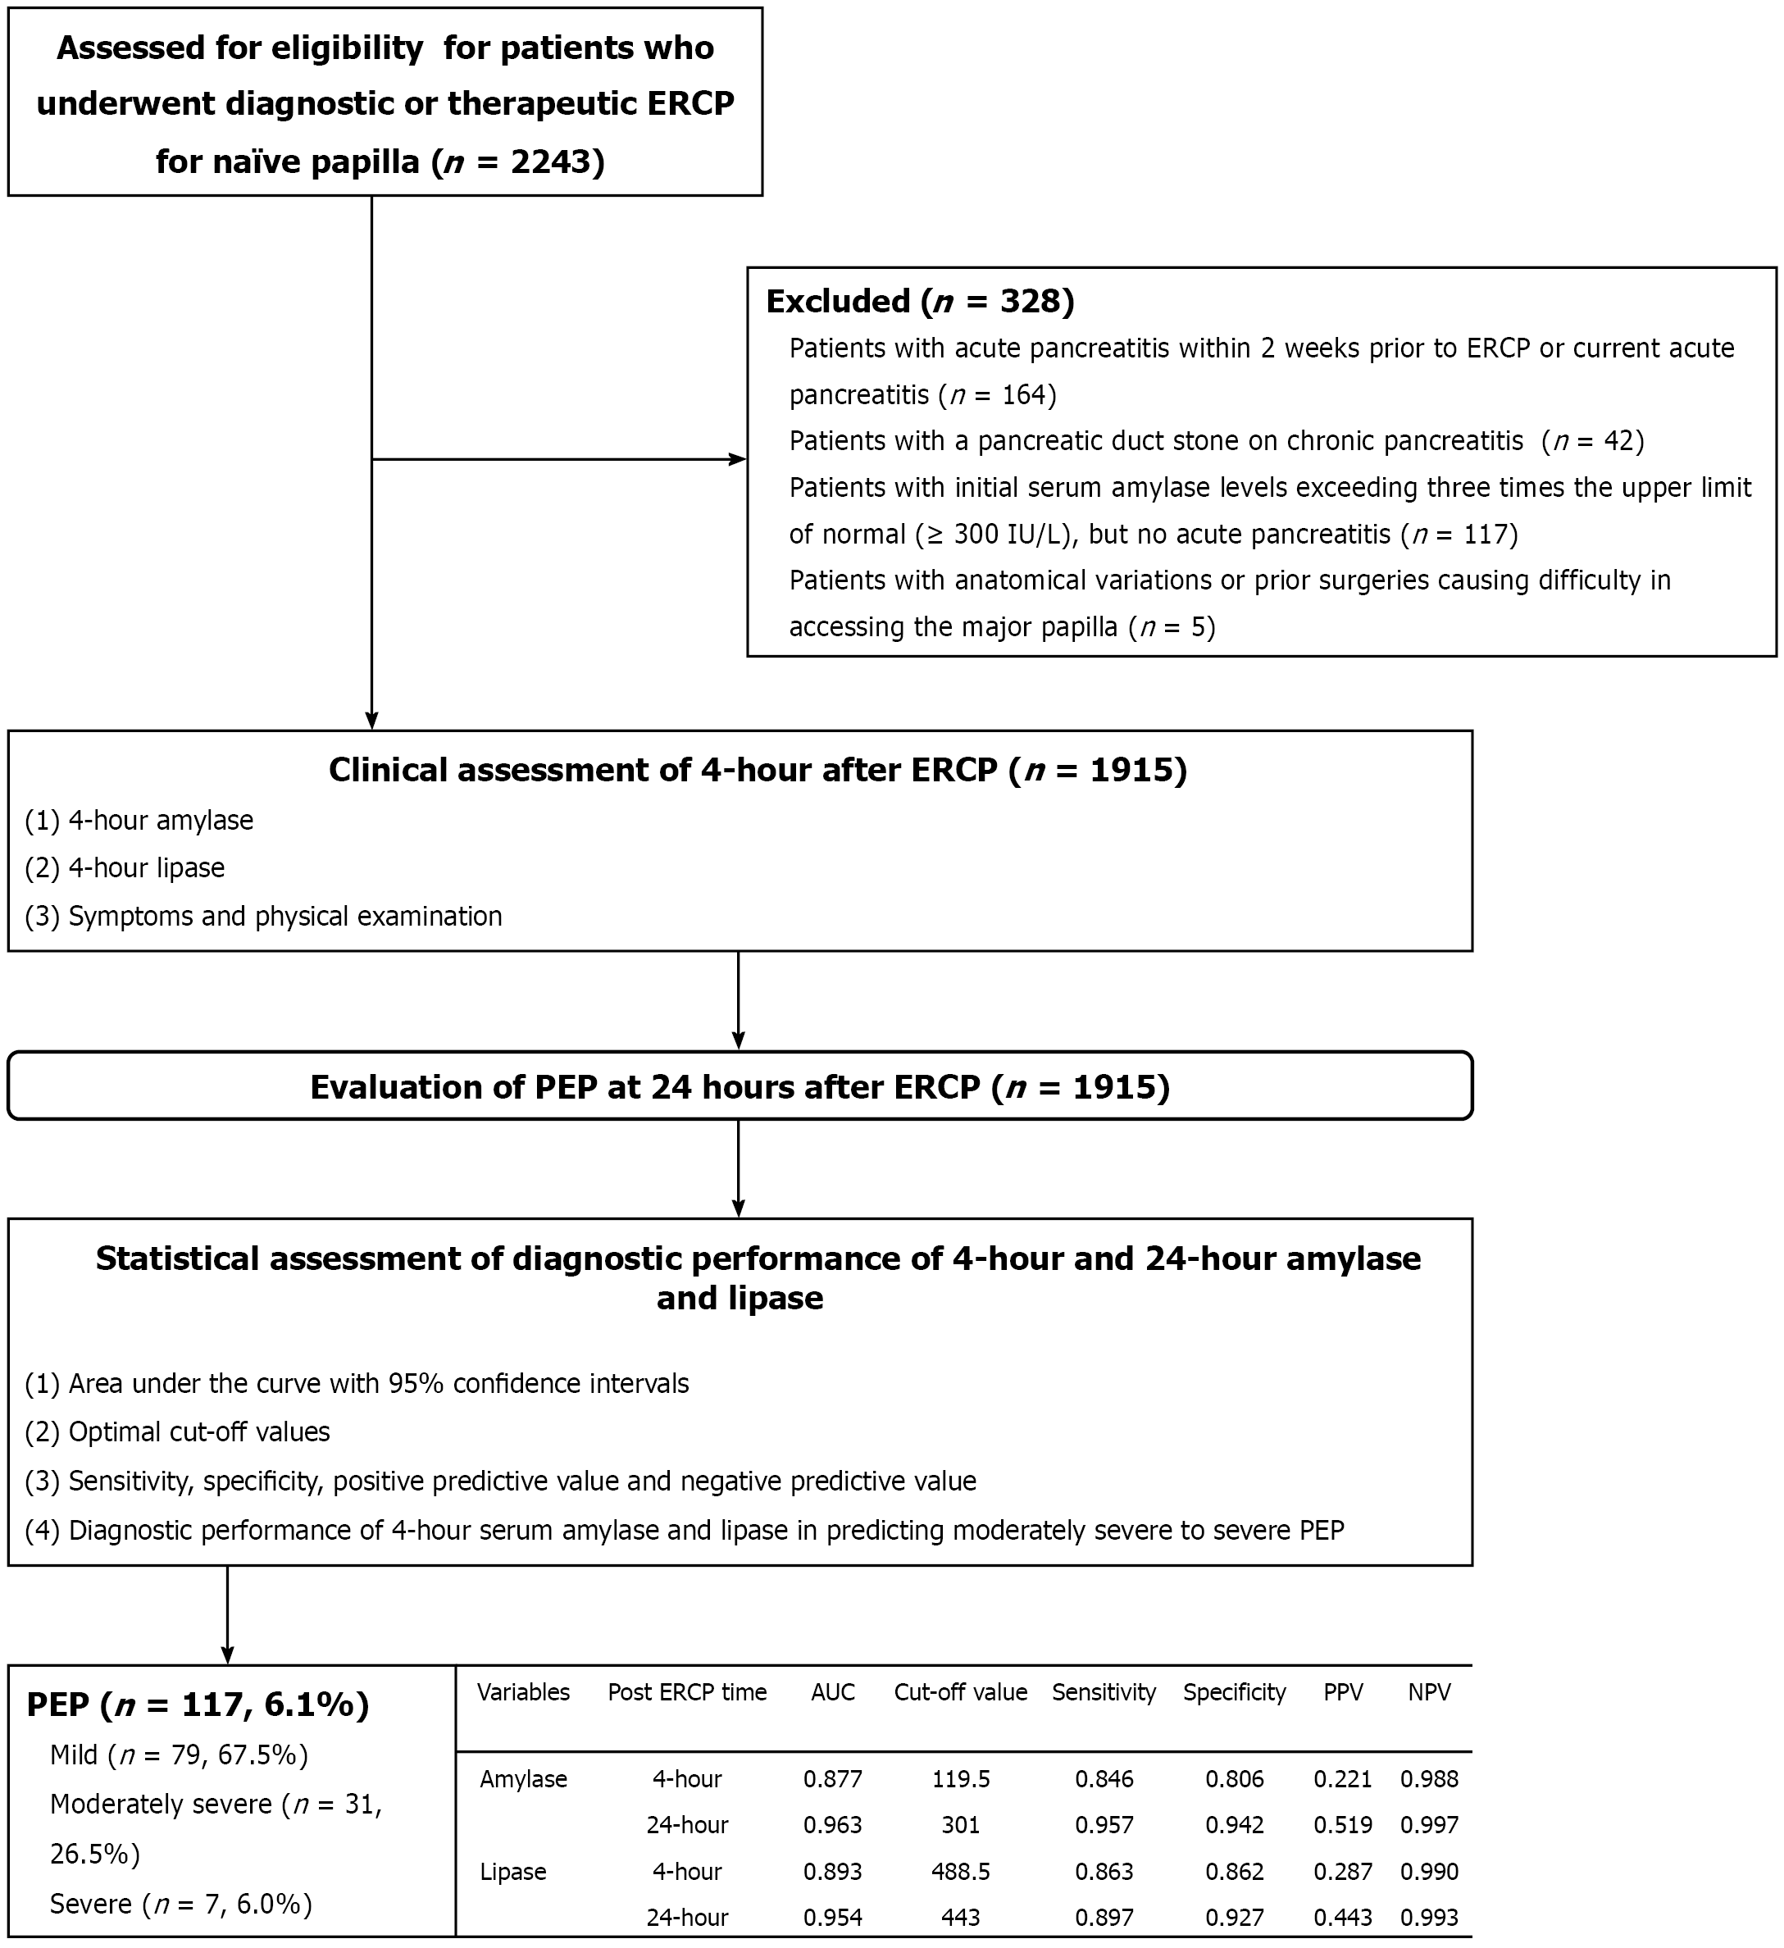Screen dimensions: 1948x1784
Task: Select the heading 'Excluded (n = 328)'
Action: pos(919,302)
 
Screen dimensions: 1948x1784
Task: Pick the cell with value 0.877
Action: pos(832,1779)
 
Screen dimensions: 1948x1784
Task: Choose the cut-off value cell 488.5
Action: pos(960,1872)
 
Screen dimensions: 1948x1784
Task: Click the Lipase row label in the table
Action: pos(512,1872)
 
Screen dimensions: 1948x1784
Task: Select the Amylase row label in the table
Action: pos(523,1779)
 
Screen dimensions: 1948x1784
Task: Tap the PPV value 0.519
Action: pos(1342,1825)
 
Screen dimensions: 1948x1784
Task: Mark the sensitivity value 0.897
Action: pos(1104,1917)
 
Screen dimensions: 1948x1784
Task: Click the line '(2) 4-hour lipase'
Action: pos(125,867)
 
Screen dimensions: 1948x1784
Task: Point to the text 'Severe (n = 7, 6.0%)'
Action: pos(180,1904)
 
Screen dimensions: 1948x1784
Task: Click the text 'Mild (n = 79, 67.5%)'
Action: pos(179,1755)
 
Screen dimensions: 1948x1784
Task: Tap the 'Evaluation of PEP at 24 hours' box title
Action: pos(740,1087)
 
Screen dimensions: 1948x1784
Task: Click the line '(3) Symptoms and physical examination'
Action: pos(263,916)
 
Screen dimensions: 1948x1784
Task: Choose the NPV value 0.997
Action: pos(1428,1825)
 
